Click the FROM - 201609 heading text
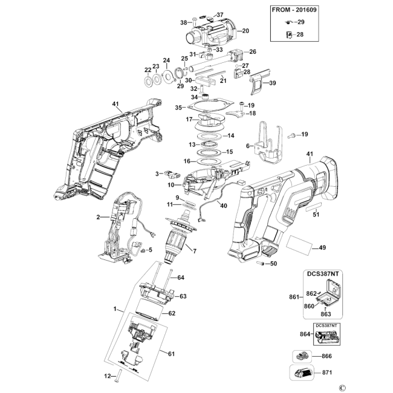pyautogui.click(x=294, y=10)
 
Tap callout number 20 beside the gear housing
pyautogui.click(x=245, y=31)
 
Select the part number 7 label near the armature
pyautogui.click(x=195, y=251)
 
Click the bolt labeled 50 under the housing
pyautogui.click(x=261, y=264)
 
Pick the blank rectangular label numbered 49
pyautogui.click(x=300, y=242)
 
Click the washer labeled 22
pyautogui.click(x=148, y=82)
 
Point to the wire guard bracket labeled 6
pyautogui.click(x=268, y=143)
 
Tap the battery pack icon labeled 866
pyautogui.click(x=302, y=356)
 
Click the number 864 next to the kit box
pyautogui.click(x=305, y=334)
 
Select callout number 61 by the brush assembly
pyautogui.click(x=171, y=354)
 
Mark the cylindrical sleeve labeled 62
pyautogui.click(x=149, y=310)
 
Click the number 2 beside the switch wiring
pyautogui.click(x=98, y=217)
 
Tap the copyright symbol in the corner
pyautogui.click(x=342, y=388)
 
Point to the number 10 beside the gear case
pyautogui.click(x=171, y=185)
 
